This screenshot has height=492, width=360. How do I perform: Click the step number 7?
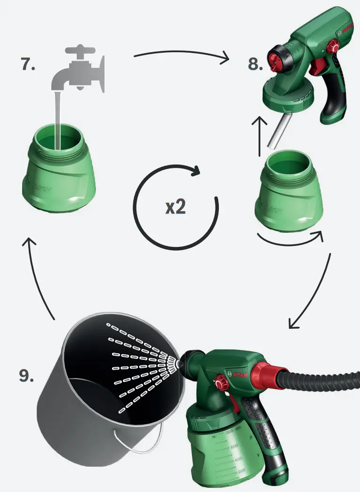[28, 64]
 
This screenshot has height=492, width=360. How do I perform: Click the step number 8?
[255, 64]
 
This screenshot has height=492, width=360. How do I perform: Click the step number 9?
[26, 375]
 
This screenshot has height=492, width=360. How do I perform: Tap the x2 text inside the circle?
[176, 207]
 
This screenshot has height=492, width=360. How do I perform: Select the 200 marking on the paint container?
[241, 471]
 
